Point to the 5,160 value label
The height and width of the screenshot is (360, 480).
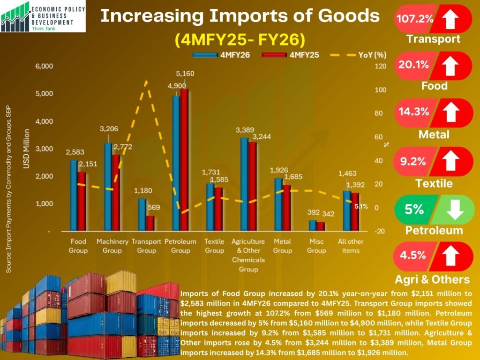[185, 74]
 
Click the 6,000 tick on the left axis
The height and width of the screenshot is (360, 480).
[45, 67]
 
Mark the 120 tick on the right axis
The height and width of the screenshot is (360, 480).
[381, 67]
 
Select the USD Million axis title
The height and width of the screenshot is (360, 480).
[26, 149]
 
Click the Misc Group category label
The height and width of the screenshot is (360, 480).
[316, 246]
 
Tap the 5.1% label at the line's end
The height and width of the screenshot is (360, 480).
[361, 206]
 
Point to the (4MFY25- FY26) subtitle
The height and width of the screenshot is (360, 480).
[240, 39]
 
